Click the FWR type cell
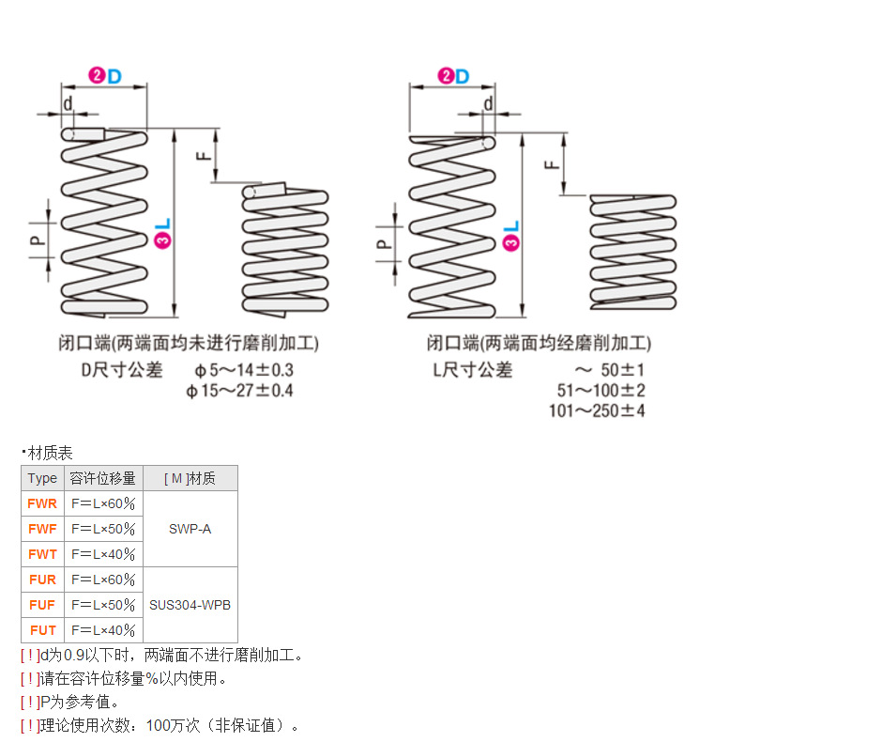pyautogui.click(x=42, y=503)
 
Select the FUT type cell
pyautogui.click(x=42, y=630)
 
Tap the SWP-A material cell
pyautogui.click(x=190, y=529)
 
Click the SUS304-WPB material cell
pyautogui.click(x=190, y=605)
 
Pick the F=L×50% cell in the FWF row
pyautogui.click(x=103, y=529)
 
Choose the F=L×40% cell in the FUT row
pyautogui.click(x=103, y=630)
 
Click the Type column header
pyautogui.click(x=42, y=478)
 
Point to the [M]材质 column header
pyautogui.click(x=190, y=478)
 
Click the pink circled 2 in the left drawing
pyautogui.click(x=96, y=76)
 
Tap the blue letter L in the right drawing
pyautogui.click(x=511, y=227)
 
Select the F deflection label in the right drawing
pyautogui.click(x=553, y=164)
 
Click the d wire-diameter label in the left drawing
pyautogui.click(x=68, y=102)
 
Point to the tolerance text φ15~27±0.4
pyautogui.click(x=239, y=390)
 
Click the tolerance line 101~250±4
pyautogui.click(x=597, y=410)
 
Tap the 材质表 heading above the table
pyautogui.click(x=50, y=453)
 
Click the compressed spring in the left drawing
pyautogui.click(x=285, y=249)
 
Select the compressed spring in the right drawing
pyautogui.click(x=632, y=252)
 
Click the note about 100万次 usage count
pyautogui.click(x=160, y=725)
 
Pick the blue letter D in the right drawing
pyautogui.click(x=462, y=76)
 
